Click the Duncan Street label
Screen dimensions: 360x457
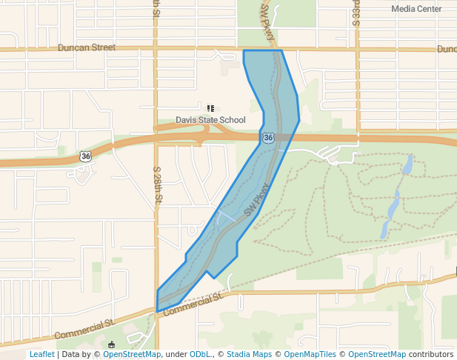[x=87, y=47]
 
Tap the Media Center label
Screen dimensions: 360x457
[x=416, y=9]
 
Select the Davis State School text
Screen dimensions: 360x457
[x=210, y=120]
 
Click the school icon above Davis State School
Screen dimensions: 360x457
[x=210, y=108]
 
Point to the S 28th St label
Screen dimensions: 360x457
[x=158, y=186]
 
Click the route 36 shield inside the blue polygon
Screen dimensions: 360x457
[x=267, y=138]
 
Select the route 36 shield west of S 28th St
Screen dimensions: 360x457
[x=86, y=156]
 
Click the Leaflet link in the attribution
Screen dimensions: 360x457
[x=41, y=354]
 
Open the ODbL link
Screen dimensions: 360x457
[x=201, y=354]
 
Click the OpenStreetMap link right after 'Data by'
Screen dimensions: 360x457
[x=132, y=354]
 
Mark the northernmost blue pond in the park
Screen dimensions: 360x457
[x=407, y=164]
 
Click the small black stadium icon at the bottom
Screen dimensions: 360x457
[x=111, y=344]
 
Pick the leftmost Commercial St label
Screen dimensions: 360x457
[x=84, y=329]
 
